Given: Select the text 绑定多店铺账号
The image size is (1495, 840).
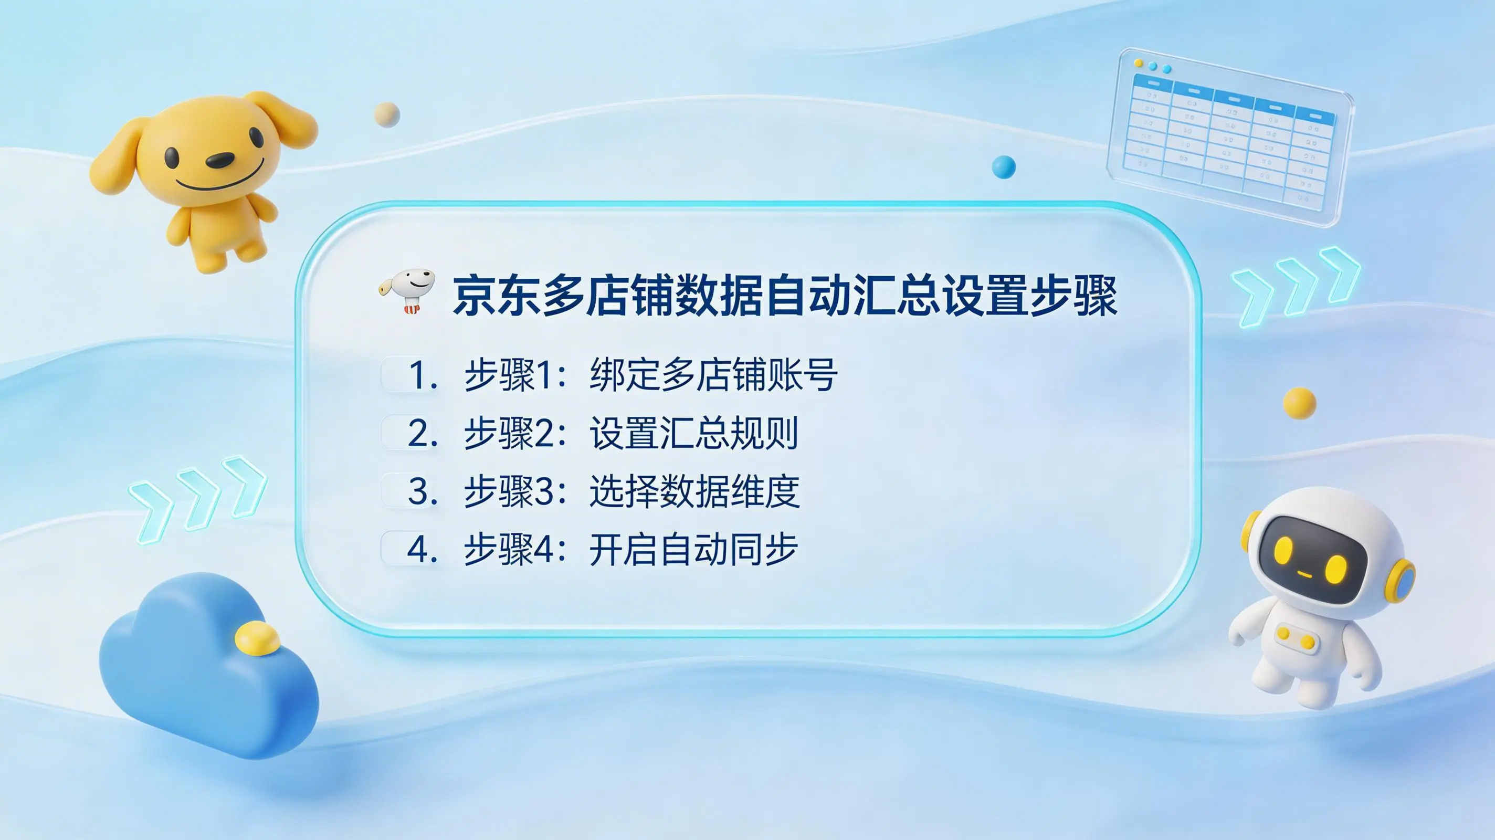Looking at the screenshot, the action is click(713, 375).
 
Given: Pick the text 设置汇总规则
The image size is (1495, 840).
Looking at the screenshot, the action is click(694, 433).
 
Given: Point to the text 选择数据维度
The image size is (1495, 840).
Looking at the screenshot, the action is click(694, 491).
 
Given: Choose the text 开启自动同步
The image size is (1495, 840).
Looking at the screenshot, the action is click(693, 549).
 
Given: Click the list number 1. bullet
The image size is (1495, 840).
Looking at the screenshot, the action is click(423, 375).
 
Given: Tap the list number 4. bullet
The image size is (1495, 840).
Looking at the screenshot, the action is click(423, 549).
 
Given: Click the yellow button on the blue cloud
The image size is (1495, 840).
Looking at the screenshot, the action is click(257, 638).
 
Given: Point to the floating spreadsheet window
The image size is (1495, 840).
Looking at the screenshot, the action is click(1230, 137).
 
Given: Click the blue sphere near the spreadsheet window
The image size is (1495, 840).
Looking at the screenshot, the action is click(1004, 167).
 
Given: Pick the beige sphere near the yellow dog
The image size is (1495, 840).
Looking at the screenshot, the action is click(387, 114).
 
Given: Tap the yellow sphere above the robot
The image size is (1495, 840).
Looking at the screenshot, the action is click(1299, 403).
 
